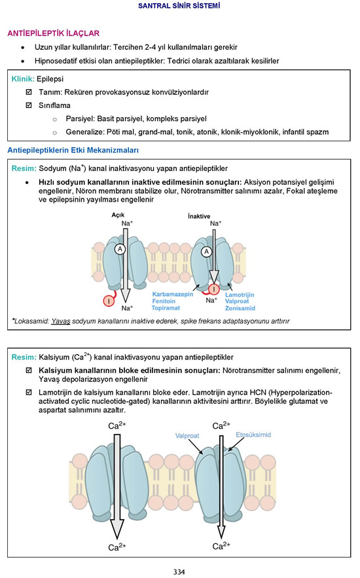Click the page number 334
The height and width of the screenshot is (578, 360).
[179, 571]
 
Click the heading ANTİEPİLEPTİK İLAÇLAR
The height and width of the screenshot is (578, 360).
[54, 33]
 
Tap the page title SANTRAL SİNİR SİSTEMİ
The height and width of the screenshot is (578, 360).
[179, 5]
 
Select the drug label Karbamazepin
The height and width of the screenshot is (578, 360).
[172, 294]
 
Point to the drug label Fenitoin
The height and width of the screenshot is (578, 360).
[164, 301]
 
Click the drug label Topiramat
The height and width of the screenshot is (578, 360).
[166, 308]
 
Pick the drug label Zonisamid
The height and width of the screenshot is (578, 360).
[240, 308]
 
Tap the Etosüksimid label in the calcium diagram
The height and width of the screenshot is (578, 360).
[253, 435]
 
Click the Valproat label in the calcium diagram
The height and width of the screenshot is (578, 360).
[187, 436]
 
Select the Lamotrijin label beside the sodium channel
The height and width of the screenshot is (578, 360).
[240, 295]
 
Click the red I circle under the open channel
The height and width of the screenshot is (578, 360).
[109, 301]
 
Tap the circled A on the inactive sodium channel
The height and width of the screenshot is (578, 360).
[206, 252]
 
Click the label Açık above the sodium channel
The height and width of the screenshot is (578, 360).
[118, 215]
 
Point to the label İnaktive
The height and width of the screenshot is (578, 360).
[199, 216]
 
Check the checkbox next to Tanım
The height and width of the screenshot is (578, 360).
[29, 92]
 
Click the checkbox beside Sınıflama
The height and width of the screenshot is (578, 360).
[29, 105]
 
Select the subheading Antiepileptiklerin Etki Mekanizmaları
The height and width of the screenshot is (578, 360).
[73, 150]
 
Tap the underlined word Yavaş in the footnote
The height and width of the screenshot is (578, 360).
[60, 321]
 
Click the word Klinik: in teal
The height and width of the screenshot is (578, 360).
[23, 79]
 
